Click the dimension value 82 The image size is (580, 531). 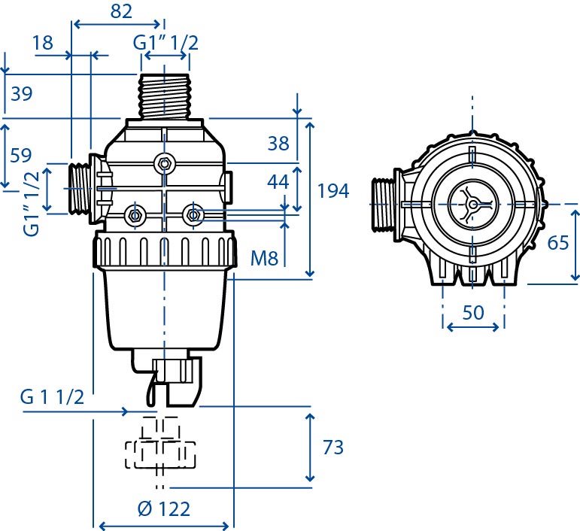coord(121,11)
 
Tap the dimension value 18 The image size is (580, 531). coord(43,43)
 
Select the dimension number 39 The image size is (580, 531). coord(22,93)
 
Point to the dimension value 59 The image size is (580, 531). coord(21,155)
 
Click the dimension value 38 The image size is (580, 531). coord(278,143)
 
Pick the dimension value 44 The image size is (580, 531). coord(278,182)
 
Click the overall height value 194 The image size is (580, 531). coord(333,191)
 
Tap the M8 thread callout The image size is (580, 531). coord(264,258)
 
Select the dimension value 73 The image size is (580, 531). coord(333,447)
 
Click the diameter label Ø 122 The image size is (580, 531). coord(164,509)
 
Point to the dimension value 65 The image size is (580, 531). coord(558,243)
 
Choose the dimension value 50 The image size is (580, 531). coord(473,312)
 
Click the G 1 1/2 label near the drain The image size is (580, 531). coord(52,397)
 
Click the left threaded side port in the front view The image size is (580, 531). coord(79,189)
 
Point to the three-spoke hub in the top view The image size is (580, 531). coord(472,204)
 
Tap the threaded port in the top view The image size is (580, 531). coord(383,205)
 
